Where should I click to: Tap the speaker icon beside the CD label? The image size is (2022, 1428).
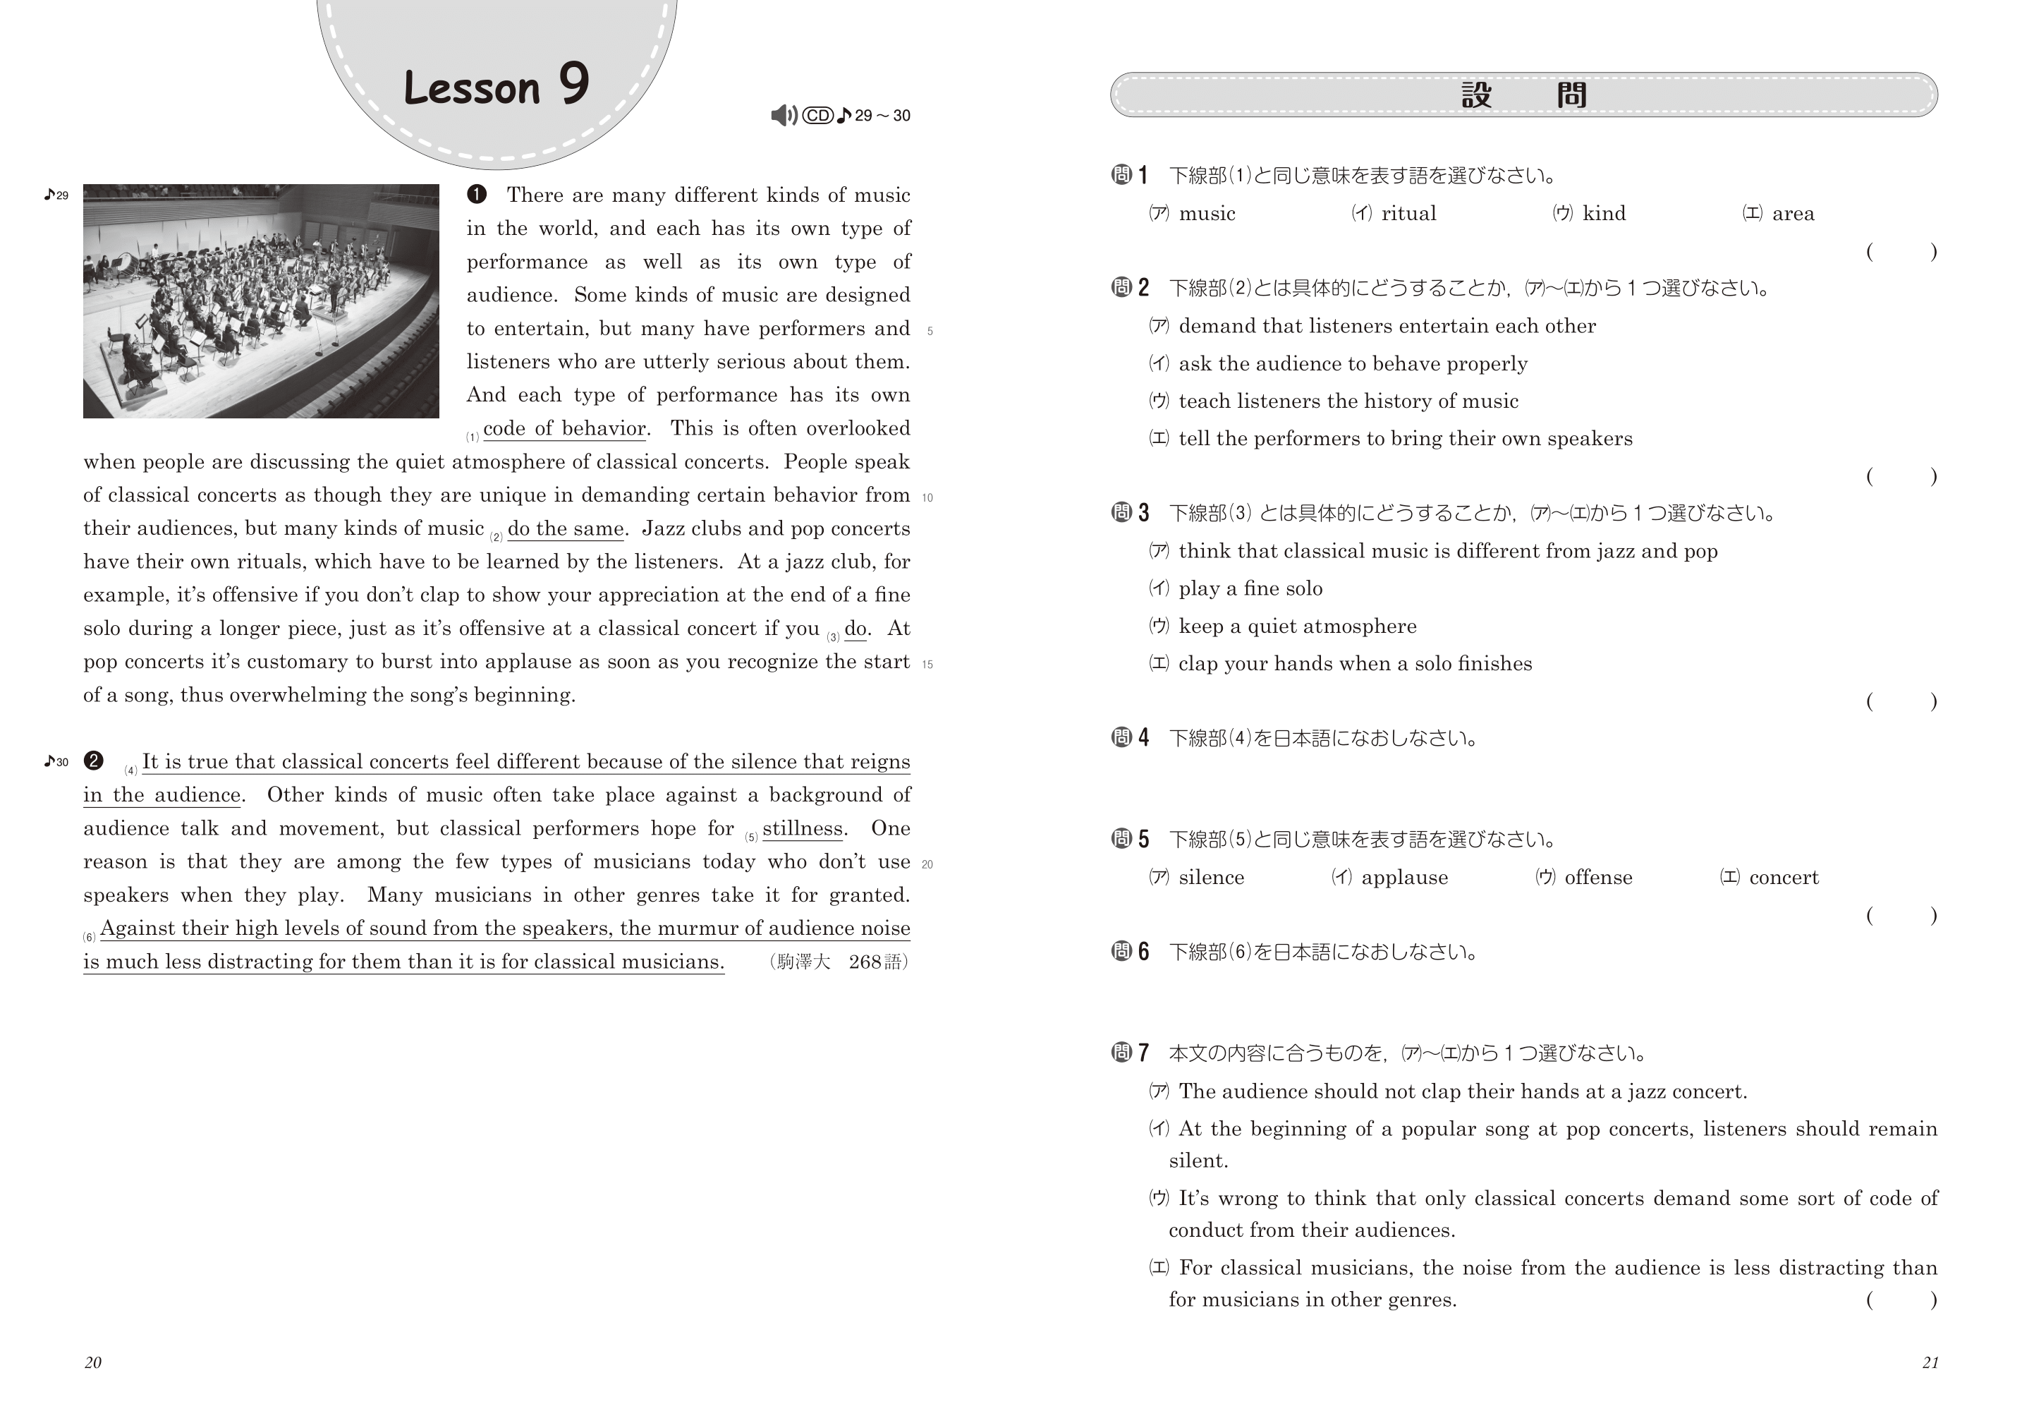(x=783, y=116)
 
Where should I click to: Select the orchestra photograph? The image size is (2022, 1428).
(x=261, y=301)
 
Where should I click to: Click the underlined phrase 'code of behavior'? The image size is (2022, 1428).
(x=564, y=429)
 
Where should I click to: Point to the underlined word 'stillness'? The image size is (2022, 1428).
(x=803, y=829)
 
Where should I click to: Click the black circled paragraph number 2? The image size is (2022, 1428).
(x=93, y=761)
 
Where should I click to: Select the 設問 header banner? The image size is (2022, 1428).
(x=1523, y=95)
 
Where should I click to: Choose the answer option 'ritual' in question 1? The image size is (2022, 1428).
(x=1408, y=214)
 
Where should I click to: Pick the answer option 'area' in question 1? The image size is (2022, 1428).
(x=1792, y=214)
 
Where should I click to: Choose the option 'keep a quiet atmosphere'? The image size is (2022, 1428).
(x=1296, y=627)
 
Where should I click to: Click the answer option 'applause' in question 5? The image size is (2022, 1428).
(x=1403, y=878)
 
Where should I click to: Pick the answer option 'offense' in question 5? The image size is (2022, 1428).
(x=1597, y=878)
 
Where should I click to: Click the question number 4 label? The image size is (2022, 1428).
(x=1131, y=738)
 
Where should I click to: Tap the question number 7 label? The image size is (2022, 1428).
(x=1131, y=1053)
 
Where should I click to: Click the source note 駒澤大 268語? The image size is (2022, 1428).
(x=839, y=962)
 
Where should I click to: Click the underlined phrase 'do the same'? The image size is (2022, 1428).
(x=566, y=528)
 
